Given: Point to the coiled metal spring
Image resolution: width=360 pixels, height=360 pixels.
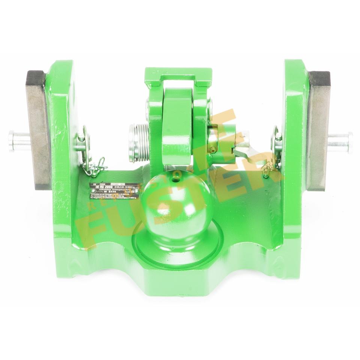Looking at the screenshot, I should [x=138, y=142].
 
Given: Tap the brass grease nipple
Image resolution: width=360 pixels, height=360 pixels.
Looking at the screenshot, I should [x=213, y=150].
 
